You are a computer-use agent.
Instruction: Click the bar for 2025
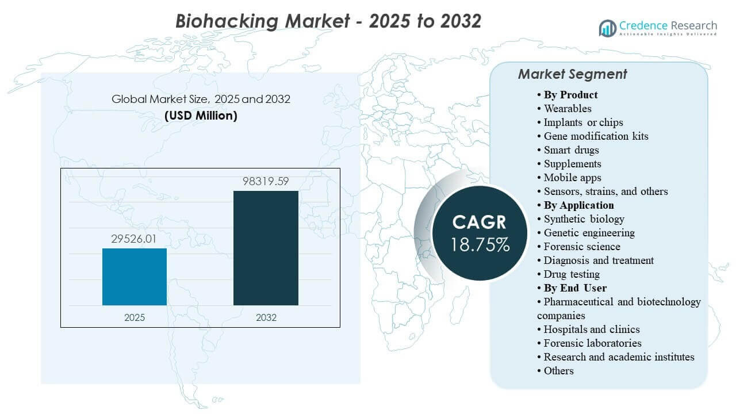[x=135, y=277]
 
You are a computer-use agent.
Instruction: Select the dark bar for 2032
[x=266, y=248]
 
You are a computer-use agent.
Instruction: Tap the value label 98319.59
[x=266, y=182]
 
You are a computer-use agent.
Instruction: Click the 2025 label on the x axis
[x=135, y=317]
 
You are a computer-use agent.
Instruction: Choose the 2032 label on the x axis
[x=266, y=317]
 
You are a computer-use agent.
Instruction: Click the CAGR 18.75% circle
[x=480, y=233]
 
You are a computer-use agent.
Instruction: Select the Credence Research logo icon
[x=607, y=27]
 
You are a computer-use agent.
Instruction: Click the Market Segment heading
[x=572, y=74]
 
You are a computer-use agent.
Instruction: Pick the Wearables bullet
[x=568, y=109]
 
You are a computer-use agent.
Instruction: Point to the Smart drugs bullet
[x=572, y=150]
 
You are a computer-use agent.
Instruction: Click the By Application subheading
[x=578, y=205]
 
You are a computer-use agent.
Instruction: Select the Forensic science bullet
[x=582, y=247]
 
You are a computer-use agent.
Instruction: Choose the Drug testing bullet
[x=572, y=274]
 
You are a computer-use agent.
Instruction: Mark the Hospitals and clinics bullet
[x=592, y=329]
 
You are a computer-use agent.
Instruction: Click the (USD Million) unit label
[x=201, y=115]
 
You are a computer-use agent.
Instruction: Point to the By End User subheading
[x=575, y=288]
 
